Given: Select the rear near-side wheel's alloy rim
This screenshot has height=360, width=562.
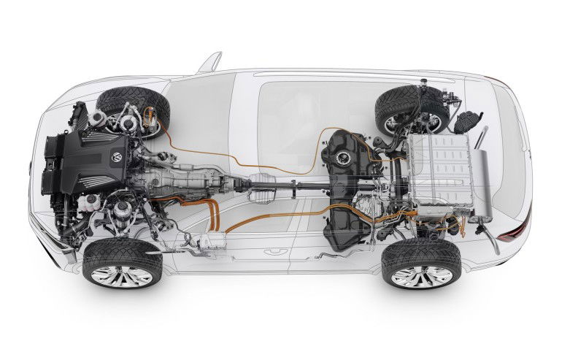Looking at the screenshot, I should click(418, 276).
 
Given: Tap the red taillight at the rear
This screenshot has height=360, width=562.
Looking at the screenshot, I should click(510, 234).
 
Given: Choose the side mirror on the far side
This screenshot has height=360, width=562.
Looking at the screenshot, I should click(209, 61).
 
